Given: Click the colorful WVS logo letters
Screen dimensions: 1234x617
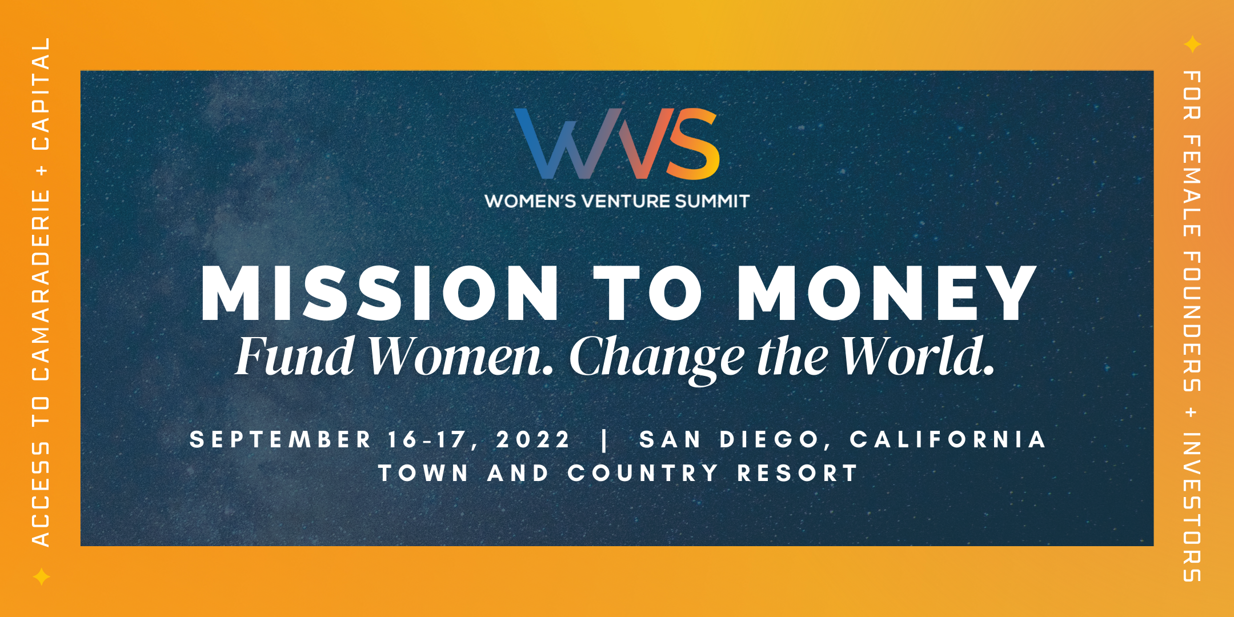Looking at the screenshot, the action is pos(617,143).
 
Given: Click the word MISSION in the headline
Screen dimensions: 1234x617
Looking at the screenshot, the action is pos(380,293).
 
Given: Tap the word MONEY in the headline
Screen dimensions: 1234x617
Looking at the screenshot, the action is pos(887,293).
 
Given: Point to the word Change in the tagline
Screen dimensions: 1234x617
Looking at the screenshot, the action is pos(657,359).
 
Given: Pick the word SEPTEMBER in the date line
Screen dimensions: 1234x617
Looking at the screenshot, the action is pos(281,440).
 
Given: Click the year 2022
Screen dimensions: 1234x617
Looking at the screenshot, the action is pos(533,440).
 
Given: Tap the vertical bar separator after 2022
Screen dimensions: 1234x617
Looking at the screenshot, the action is pos(605,440).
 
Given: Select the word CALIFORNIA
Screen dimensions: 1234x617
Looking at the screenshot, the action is pos(948,440).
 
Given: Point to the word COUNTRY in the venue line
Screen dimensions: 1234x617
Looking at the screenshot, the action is pos(643,474).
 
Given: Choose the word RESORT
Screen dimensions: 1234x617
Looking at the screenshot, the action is pos(798,474).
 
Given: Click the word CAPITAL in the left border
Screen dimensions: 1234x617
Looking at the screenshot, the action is pos(41,94).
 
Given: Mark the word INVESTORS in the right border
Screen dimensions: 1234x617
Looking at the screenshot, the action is pos(1192,507).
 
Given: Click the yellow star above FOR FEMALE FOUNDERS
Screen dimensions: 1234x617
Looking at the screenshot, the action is pos(1192,44).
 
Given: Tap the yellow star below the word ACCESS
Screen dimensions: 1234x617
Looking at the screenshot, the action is pos(41,576).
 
